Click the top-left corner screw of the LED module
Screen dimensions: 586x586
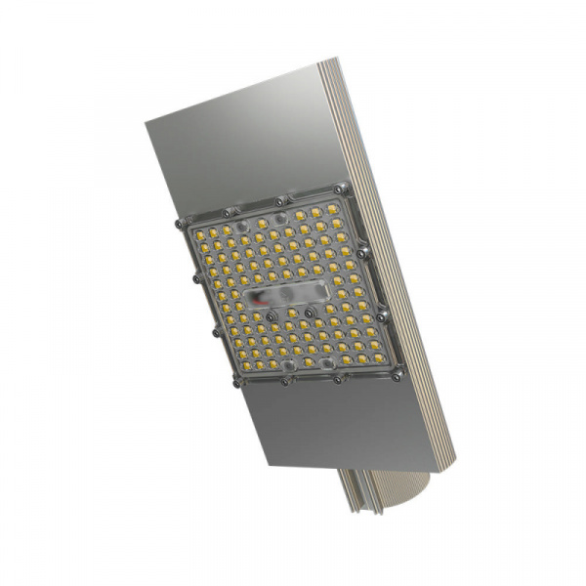pyautogui.click(x=180, y=225)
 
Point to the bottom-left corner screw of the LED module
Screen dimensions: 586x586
pyautogui.click(x=234, y=381)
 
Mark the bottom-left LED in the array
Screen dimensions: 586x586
pyautogui.click(x=241, y=366)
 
